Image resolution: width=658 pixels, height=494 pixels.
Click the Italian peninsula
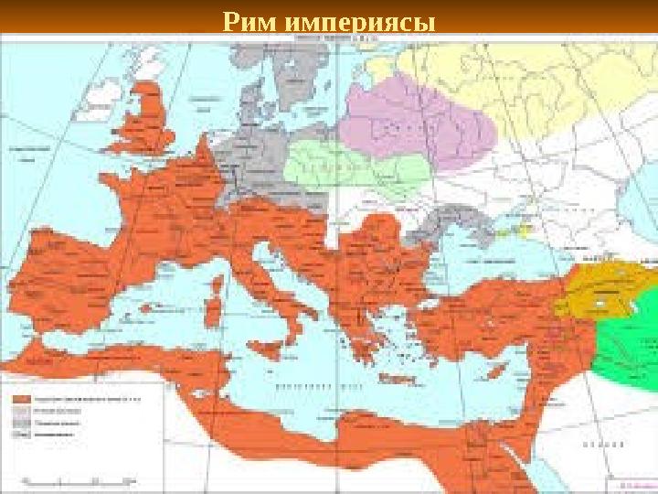[274, 293]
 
